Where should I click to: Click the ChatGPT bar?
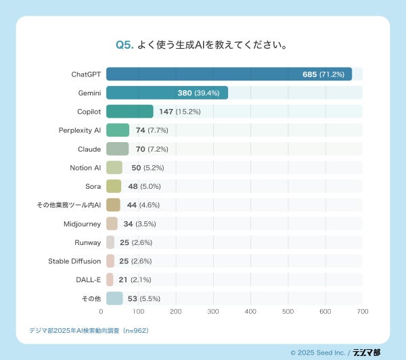click(x=229, y=74)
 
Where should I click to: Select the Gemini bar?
click(x=167, y=93)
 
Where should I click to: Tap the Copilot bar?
click(x=130, y=112)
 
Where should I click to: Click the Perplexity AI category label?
click(x=80, y=130)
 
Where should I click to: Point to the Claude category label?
click(x=89, y=149)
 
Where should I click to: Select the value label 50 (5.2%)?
click(x=148, y=168)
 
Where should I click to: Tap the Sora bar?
click(x=114, y=186)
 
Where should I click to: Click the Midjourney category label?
click(x=82, y=223)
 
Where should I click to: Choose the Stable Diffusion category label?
click(x=74, y=261)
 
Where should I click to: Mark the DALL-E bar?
click(x=110, y=279)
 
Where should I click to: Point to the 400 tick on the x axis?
click(x=250, y=312)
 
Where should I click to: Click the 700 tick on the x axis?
click(x=363, y=312)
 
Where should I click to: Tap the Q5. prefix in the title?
click(x=124, y=45)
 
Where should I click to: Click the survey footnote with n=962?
click(x=89, y=331)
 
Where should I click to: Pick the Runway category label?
click(x=88, y=242)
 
